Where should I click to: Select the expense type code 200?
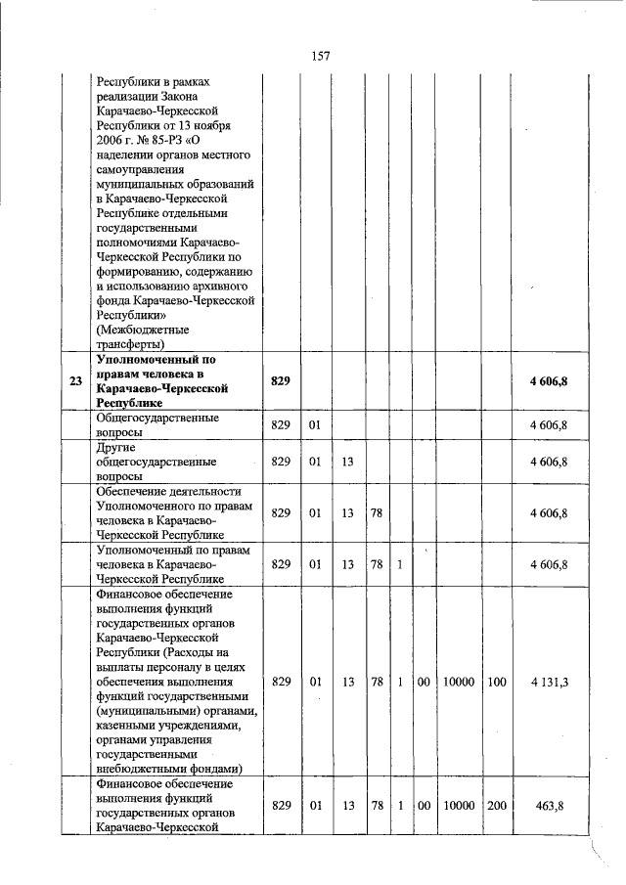pyautogui.click(x=496, y=805)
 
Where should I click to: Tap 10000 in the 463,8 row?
pyautogui.click(x=456, y=805)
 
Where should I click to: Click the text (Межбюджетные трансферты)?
pyautogui.click(x=143, y=336)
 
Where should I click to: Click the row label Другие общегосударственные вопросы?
pyautogui.click(x=156, y=461)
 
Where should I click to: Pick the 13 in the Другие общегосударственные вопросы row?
pyautogui.click(x=347, y=461)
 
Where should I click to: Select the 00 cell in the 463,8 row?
pyautogui.click(x=422, y=805)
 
